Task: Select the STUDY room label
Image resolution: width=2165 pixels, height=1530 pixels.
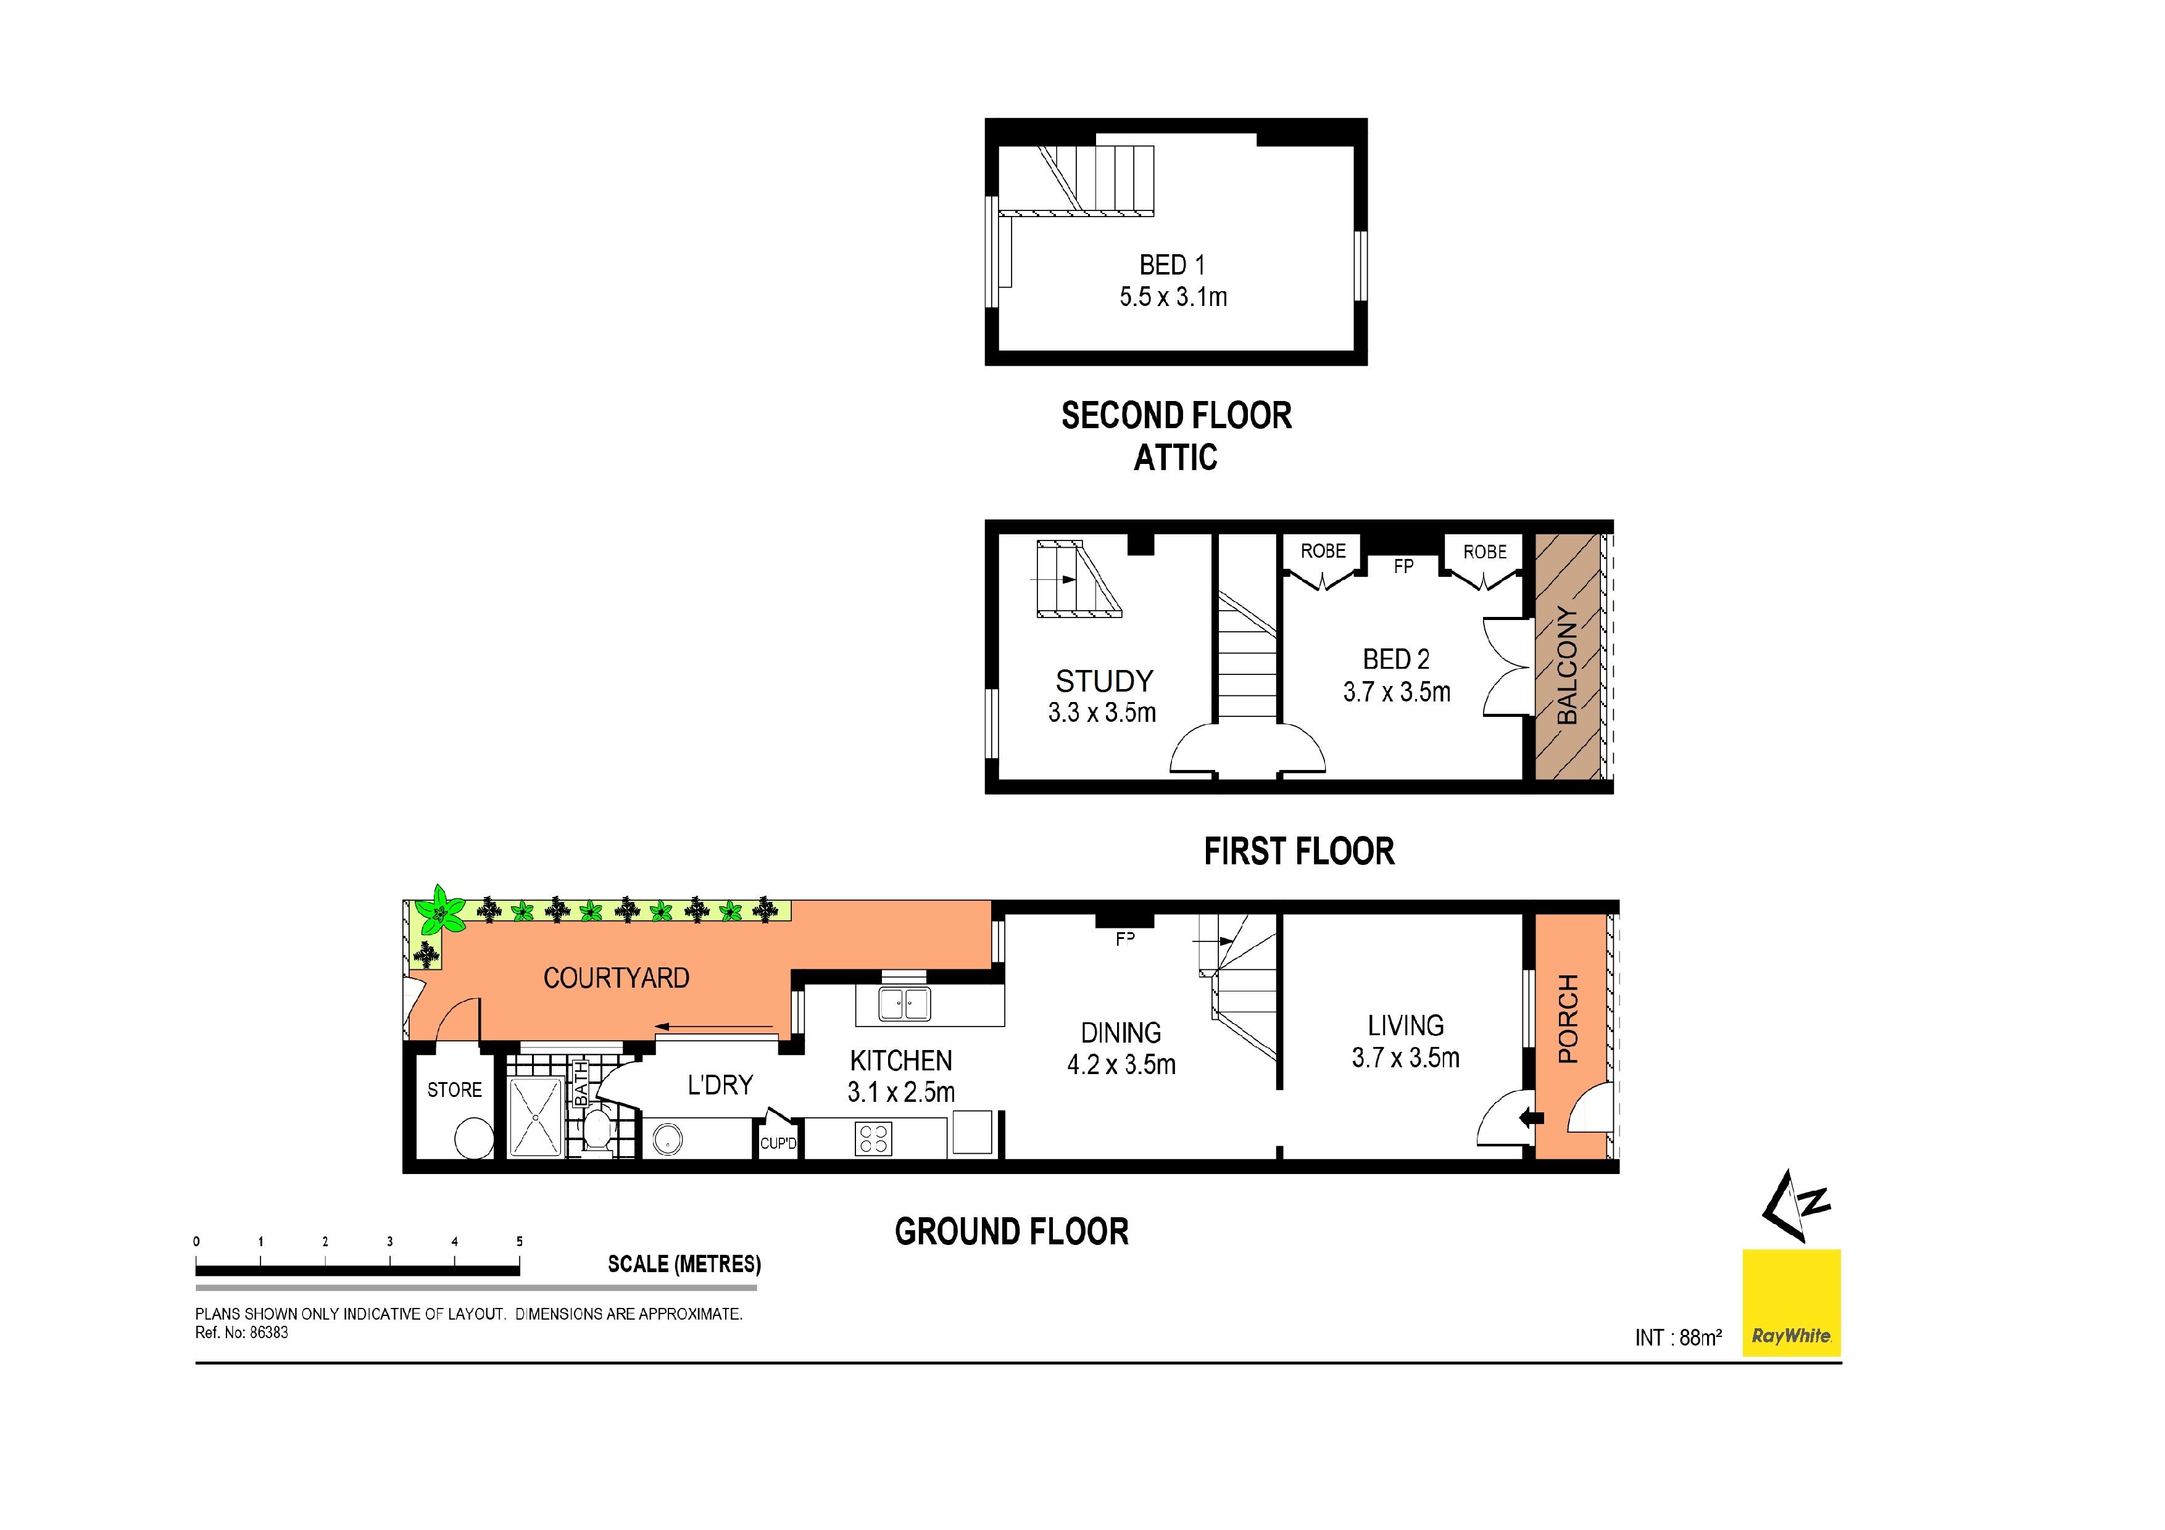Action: click(x=1104, y=680)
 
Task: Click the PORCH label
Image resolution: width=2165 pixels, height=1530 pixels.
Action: click(x=1568, y=1019)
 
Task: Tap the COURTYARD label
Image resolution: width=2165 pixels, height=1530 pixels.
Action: click(x=616, y=978)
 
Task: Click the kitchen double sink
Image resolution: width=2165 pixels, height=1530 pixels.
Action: click(x=904, y=1003)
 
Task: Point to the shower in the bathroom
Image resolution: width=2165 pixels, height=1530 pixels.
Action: click(x=534, y=1118)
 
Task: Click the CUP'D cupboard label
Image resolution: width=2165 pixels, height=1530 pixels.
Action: click(x=778, y=1144)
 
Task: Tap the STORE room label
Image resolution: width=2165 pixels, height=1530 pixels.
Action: click(x=454, y=1090)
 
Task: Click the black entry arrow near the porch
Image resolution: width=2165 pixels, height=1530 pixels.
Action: click(x=1531, y=1119)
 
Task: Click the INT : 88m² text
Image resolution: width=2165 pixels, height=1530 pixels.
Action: click(x=1679, y=1338)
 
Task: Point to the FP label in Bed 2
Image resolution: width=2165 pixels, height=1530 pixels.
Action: click(x=1403, y=566)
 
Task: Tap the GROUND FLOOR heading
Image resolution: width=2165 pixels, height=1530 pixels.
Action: click(x=1012, y=1231)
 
